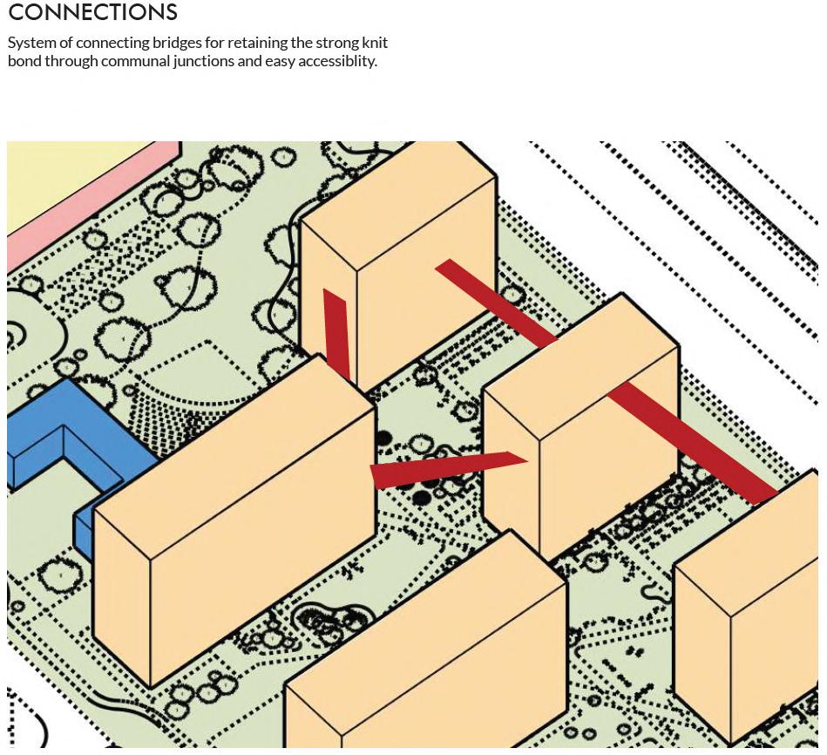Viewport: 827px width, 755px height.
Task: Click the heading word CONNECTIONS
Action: pos(92,12)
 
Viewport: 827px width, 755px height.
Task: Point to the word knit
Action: pos(375,43)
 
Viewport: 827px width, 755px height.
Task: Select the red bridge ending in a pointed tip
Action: pos(444,468)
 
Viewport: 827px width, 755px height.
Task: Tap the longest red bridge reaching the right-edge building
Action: pos(694,443)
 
